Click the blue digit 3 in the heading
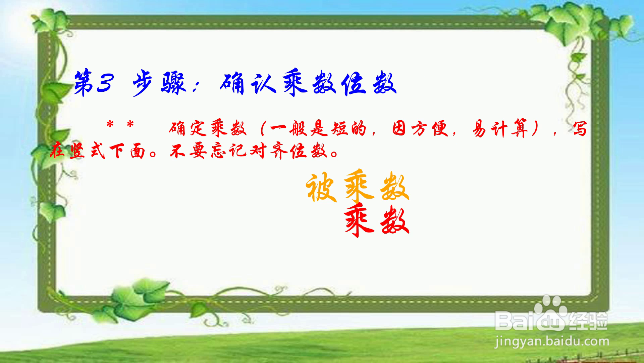pos(105,83)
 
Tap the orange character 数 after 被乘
pos(394,188)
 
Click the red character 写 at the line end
pos(580,129)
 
